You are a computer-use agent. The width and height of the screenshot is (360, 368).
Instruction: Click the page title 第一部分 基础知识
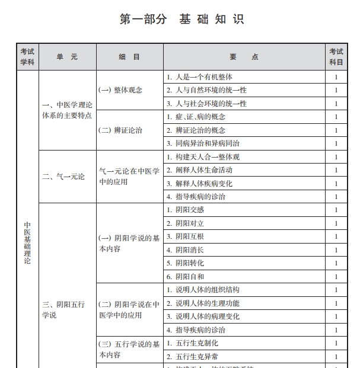click(181, 19)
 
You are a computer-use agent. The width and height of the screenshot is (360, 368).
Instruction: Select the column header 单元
click(67, 57)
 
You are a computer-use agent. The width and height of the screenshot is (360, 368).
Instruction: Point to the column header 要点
click(244, 57)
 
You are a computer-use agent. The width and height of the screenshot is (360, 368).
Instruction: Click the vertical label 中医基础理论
click(27, 243)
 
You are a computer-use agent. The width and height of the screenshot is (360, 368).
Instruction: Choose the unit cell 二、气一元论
click(64, 177)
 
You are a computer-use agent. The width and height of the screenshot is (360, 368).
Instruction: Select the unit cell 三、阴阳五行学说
click(63, 309)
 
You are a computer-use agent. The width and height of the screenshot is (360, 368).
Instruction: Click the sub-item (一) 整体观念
click(120, 90)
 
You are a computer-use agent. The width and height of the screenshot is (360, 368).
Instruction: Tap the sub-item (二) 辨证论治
click(120, 130)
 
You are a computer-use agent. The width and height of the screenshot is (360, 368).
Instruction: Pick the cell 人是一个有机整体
click(200, 77)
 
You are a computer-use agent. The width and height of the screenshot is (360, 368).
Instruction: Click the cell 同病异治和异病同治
click(203, 143)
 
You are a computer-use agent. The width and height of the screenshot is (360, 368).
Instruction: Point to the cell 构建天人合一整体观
click(203, 157)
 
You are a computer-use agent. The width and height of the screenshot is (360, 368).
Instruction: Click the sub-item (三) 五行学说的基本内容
click(129, 349)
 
